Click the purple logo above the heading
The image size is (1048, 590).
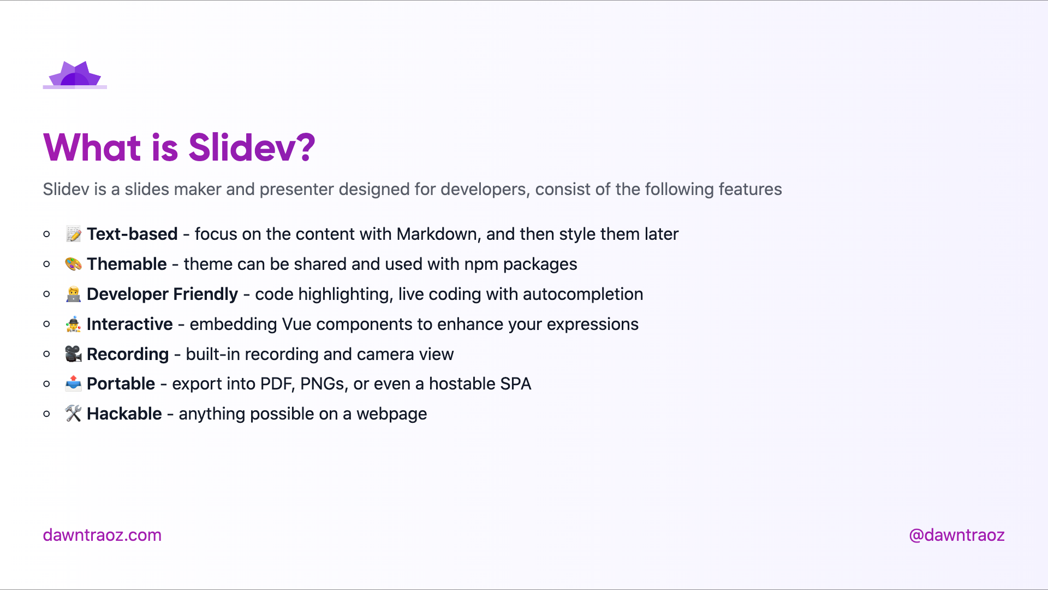75,75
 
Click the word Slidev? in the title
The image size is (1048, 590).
252,147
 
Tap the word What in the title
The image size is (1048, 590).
92,147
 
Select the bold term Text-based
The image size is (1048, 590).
132,234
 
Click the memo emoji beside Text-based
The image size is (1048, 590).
73,234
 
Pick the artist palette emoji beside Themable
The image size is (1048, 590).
73,264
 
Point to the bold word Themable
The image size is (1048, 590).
127,264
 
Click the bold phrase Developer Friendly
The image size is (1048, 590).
162,294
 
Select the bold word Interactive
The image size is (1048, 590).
130,324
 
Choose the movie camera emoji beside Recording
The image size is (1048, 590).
73,354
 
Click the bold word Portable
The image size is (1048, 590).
121,383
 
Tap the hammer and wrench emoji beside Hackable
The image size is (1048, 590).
73,414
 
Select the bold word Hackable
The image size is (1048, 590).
124,414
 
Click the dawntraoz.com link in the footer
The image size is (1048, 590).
102,535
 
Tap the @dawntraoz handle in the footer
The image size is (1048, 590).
956,535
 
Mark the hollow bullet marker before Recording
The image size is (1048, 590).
47,354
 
